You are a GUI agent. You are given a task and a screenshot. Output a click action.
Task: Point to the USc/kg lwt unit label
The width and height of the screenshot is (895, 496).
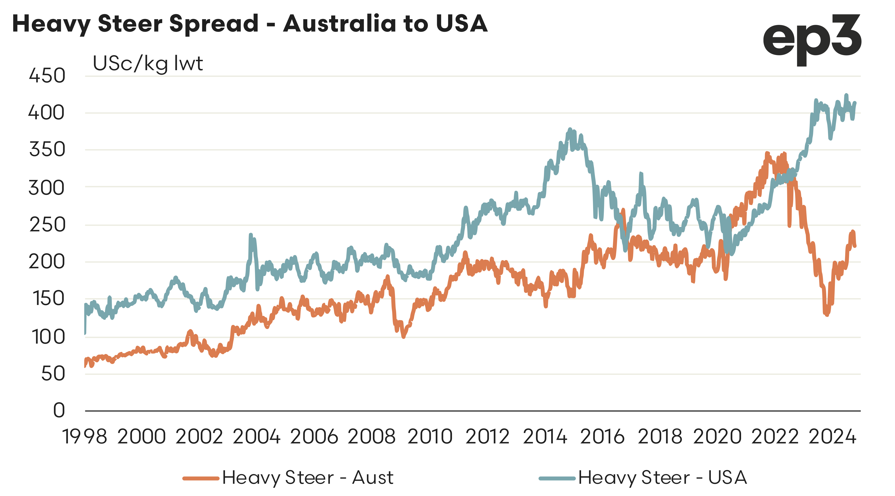pos(148,64)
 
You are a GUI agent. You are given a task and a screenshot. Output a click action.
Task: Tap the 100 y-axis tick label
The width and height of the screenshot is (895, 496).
pos(48,337)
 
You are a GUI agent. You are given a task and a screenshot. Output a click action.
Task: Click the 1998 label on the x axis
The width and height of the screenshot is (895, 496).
pos(84,437)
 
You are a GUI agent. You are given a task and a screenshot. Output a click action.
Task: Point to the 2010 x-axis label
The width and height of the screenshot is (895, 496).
pos(430,437)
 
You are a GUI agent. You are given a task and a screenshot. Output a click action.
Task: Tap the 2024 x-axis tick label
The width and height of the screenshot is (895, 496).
pos(832,437)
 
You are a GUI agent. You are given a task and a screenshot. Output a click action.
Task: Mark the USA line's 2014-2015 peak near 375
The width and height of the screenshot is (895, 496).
pos(570,129)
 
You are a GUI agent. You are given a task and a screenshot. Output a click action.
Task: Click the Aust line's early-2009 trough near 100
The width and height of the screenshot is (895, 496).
pos(403,336)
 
